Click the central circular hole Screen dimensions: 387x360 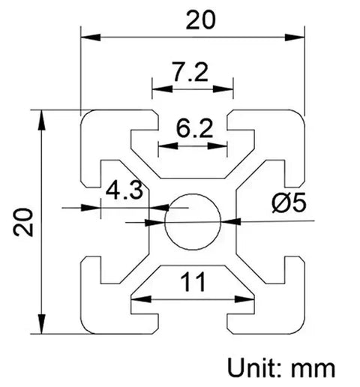pos(193,221)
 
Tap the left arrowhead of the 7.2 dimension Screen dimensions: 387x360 pos(158,88)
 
